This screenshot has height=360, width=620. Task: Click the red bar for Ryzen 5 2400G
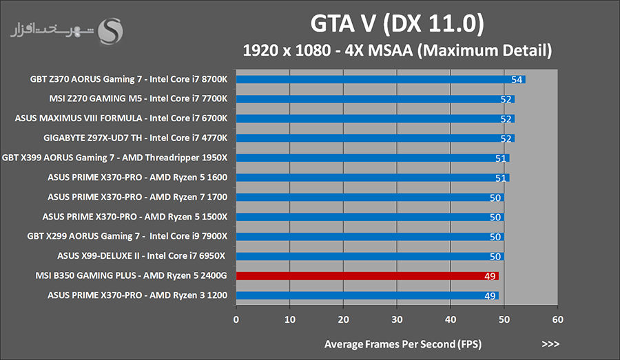[367, 276]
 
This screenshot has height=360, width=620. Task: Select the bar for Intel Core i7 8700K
[380, 79]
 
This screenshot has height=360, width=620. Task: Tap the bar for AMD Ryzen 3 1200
[367, 296]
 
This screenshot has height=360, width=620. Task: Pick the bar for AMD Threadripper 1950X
[373, 158]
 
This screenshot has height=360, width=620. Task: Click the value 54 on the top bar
[517, 79]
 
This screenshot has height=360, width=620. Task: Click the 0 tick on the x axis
[236, 319]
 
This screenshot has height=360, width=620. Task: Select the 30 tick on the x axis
[397, 319]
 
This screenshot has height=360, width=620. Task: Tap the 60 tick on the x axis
[558, 319]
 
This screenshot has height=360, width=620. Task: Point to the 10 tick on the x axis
[290, 319]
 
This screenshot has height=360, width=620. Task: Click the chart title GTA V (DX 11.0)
[397, 24]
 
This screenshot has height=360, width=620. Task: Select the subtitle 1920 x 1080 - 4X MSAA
[397, 50]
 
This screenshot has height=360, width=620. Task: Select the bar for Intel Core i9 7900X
[370, 237]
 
